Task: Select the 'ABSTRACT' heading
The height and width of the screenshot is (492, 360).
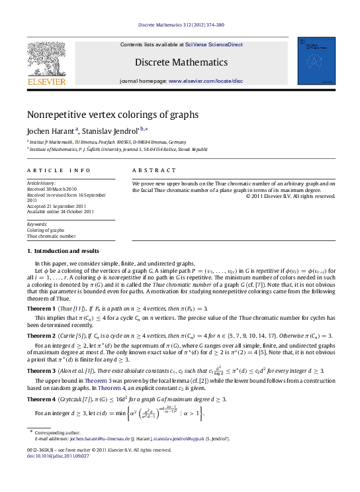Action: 150,171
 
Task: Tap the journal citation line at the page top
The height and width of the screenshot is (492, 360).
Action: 180,25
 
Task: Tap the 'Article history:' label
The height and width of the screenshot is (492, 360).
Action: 42,181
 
